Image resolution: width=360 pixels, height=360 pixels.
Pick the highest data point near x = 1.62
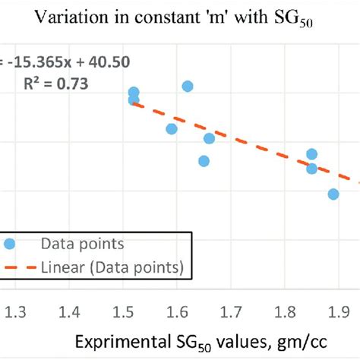(188, 87)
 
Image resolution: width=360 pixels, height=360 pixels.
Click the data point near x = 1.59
(172, 129)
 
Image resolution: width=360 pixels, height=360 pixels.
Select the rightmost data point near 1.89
(333, 194)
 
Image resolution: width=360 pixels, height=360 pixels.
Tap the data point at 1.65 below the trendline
(204, 161)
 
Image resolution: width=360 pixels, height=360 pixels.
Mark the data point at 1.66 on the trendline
(209, 138)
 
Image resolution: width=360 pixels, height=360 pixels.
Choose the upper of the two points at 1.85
(311, 154)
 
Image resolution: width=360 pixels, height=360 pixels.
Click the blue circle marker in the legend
(10, 244)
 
